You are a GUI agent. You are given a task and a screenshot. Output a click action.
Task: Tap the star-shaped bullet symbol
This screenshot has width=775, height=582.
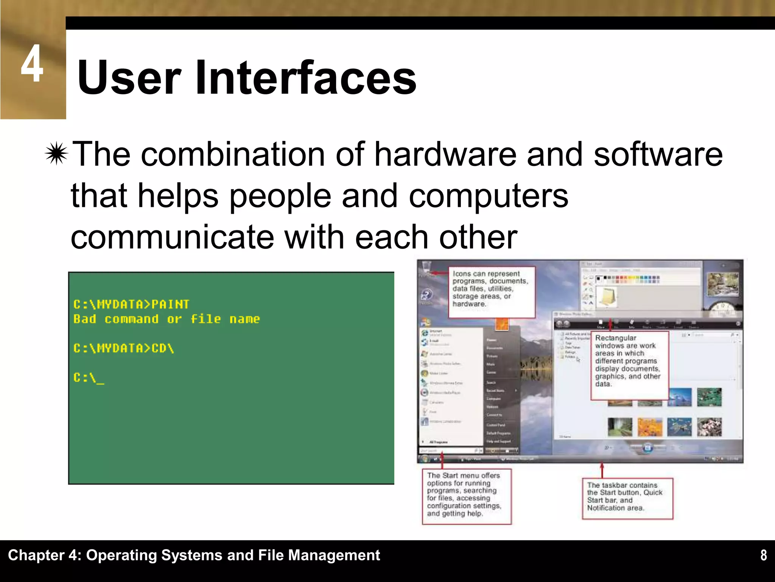(x=56, y=154)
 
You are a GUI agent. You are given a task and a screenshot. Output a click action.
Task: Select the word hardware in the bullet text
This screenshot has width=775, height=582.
(x=445, y=155)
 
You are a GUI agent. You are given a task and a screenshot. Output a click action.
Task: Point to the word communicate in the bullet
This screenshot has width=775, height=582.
(x=172, y=237)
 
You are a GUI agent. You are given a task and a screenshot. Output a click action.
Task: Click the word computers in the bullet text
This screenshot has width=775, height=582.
(x=488, y=196)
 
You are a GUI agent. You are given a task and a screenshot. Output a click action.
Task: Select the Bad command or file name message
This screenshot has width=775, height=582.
(x=167, y=319)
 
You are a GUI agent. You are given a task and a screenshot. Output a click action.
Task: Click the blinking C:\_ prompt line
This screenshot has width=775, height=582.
(x=89, y=378)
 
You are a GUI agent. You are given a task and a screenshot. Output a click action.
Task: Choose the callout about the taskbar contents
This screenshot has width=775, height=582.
(x=627, y=498)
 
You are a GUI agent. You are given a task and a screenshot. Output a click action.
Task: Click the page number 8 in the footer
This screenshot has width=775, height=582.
(x=764, y=555)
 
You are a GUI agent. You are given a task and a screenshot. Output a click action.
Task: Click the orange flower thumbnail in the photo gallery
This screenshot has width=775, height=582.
(x=650, y=427)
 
